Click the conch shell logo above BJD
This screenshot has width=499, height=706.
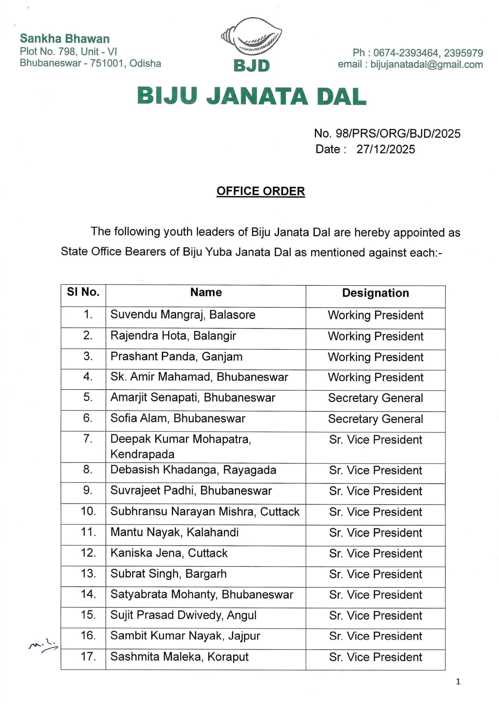(x=251, y=36)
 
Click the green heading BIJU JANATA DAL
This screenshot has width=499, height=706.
(x=252, y=96)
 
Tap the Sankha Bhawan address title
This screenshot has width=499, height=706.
(x=65, y=39)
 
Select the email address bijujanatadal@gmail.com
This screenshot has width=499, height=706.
(x=427, y=65)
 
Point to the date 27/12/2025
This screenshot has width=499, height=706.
(x=386, y=149)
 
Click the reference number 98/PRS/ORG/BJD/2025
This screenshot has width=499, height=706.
(x=398, y=133)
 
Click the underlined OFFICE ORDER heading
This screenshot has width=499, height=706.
(x=261, y=191)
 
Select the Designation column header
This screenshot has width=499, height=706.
(x=375, y=293)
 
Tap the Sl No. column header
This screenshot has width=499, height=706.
(x=83, y=292)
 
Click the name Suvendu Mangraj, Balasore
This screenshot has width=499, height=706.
(x=183, y=315)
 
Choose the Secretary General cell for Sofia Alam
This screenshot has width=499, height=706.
(x=375, y=419)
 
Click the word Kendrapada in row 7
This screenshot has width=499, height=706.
(x=142, y=454)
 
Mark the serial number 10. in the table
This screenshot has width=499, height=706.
(x=88, y=511)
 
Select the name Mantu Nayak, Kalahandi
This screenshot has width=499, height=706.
(x=174, y=532)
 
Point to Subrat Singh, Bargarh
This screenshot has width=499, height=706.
(x=168, y=574)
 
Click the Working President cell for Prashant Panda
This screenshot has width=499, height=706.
(x=375, y=357)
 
